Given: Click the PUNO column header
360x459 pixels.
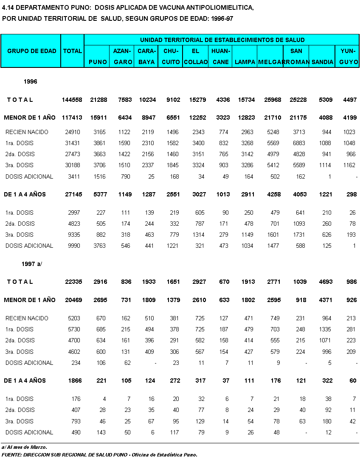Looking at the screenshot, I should (98, 62).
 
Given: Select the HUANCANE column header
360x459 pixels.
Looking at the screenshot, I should (221, 56).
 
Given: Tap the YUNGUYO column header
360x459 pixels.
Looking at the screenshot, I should (348, 56).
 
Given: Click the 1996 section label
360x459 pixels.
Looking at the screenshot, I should (30, 81).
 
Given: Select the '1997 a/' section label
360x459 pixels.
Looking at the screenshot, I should (32, 263).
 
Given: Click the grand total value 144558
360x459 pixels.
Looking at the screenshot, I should (72, 100).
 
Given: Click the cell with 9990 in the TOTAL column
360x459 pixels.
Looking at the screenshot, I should (73, 246).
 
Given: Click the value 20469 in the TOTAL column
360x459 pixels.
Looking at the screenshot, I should (72, 300).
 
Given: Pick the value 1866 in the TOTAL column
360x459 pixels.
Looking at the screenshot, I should (73, 381).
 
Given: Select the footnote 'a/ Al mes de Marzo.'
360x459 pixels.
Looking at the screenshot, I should (24, 447).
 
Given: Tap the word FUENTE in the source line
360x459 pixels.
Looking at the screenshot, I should (12, 454).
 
